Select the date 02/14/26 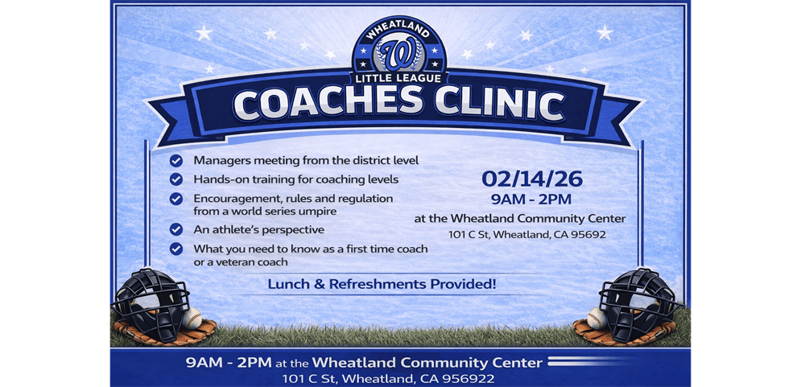(x=532, y=179)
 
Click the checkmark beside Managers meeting (x=176, y=160)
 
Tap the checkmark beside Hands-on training (x=176, y=179)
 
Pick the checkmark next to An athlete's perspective (x=176, y=229)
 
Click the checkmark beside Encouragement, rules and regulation (x=176, y=198)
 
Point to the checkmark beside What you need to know (x=176, y=249)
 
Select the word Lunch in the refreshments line (x=288, y=284)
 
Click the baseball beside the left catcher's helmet (x=192, y=318)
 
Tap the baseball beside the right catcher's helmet (x=597, y=319)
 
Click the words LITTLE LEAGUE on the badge (x=398, y=78)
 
